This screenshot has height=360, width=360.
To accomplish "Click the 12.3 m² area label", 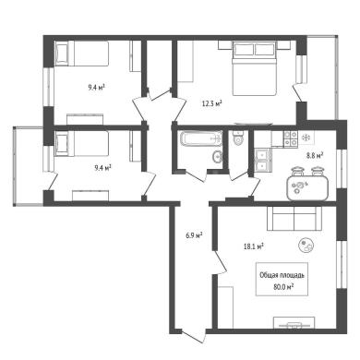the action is (211, 103).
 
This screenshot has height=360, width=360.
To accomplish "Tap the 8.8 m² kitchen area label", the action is (314, 156).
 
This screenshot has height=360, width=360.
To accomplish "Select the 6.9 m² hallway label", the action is (194, 236).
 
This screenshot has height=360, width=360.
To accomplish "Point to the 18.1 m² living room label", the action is (254, 246).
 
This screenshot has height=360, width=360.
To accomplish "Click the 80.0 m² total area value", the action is (283, 287).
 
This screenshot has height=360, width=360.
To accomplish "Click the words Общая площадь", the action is (282, 275).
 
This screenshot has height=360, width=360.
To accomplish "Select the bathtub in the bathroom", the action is (201, 138).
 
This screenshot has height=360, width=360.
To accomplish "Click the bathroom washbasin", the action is (217, 157).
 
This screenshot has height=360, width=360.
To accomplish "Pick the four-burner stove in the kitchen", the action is (291, 138).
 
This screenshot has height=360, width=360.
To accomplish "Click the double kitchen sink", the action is (262, 160).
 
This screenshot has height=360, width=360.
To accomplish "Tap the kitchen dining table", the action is (307, 188).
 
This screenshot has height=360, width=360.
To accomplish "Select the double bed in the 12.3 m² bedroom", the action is (255, 68).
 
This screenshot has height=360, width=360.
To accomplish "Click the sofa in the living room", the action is (294, 219).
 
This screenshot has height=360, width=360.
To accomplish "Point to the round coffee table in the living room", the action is (306, 246).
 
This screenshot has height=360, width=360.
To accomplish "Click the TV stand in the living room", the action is (294, 323).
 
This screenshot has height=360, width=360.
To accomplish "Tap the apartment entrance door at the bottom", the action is (193, 337).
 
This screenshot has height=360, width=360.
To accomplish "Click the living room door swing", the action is (220, 262).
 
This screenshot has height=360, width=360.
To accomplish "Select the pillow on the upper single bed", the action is (62, 54).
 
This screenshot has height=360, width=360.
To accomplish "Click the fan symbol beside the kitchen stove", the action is (306, 138).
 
